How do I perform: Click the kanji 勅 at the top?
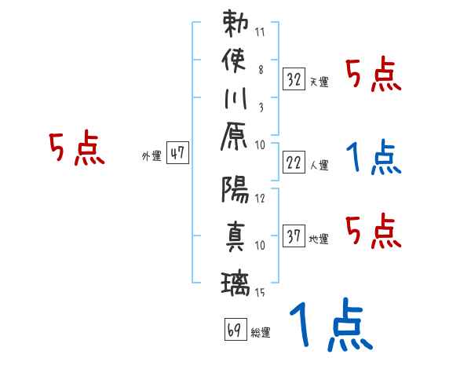tap(235, 23)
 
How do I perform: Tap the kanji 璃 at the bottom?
tap(235, 280)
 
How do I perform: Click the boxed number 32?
tap(294, 79)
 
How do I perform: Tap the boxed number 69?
tap(235, 329)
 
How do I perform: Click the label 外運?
tap(151, 156)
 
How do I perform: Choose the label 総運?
tap(261, 333)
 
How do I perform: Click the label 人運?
tap(319, 166)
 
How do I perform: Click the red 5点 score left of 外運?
tap(76, 148)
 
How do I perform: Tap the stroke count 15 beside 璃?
tap(261, 293)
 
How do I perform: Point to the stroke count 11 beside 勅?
tap(261, 34)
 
